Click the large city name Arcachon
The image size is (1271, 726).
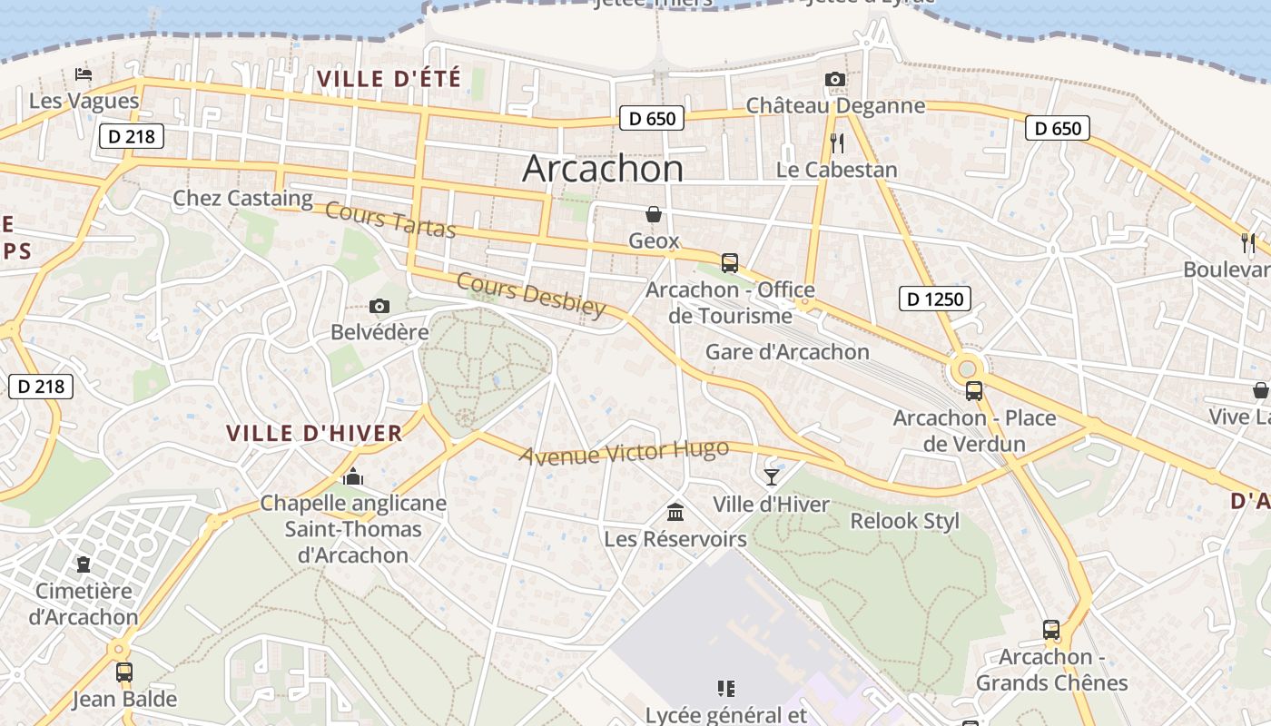(x=603, y=169)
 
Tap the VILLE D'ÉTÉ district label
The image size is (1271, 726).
(x=389, y=79)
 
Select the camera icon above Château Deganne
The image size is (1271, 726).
(x=835, y=80)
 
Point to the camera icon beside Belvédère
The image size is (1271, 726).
(x=379, y=307)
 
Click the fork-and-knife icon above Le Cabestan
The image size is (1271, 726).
(x=837, y=142)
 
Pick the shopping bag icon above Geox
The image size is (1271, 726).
(x=653, y=214)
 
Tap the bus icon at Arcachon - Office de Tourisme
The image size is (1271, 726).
(x=729, y=263)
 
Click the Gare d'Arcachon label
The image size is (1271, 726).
(x=787, y=352)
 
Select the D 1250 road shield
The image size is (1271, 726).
(x=935, y=298)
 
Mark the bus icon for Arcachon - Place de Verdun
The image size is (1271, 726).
(x=974, y=391)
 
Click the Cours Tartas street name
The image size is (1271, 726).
(x=389, y=221)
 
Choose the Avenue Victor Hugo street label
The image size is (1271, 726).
(x=624, y=452)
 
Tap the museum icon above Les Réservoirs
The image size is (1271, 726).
(x=675, y=513)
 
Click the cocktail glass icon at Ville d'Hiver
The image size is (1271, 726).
(x=771, y=477)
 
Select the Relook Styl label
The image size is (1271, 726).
(x=904, y=522)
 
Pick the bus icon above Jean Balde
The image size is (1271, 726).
(x=124, y=672)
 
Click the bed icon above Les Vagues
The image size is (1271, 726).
(x=84, y=74)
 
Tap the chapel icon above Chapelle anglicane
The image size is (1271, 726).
(x=353, y=476)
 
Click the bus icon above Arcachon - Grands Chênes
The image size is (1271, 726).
(x=1050, y=629)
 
